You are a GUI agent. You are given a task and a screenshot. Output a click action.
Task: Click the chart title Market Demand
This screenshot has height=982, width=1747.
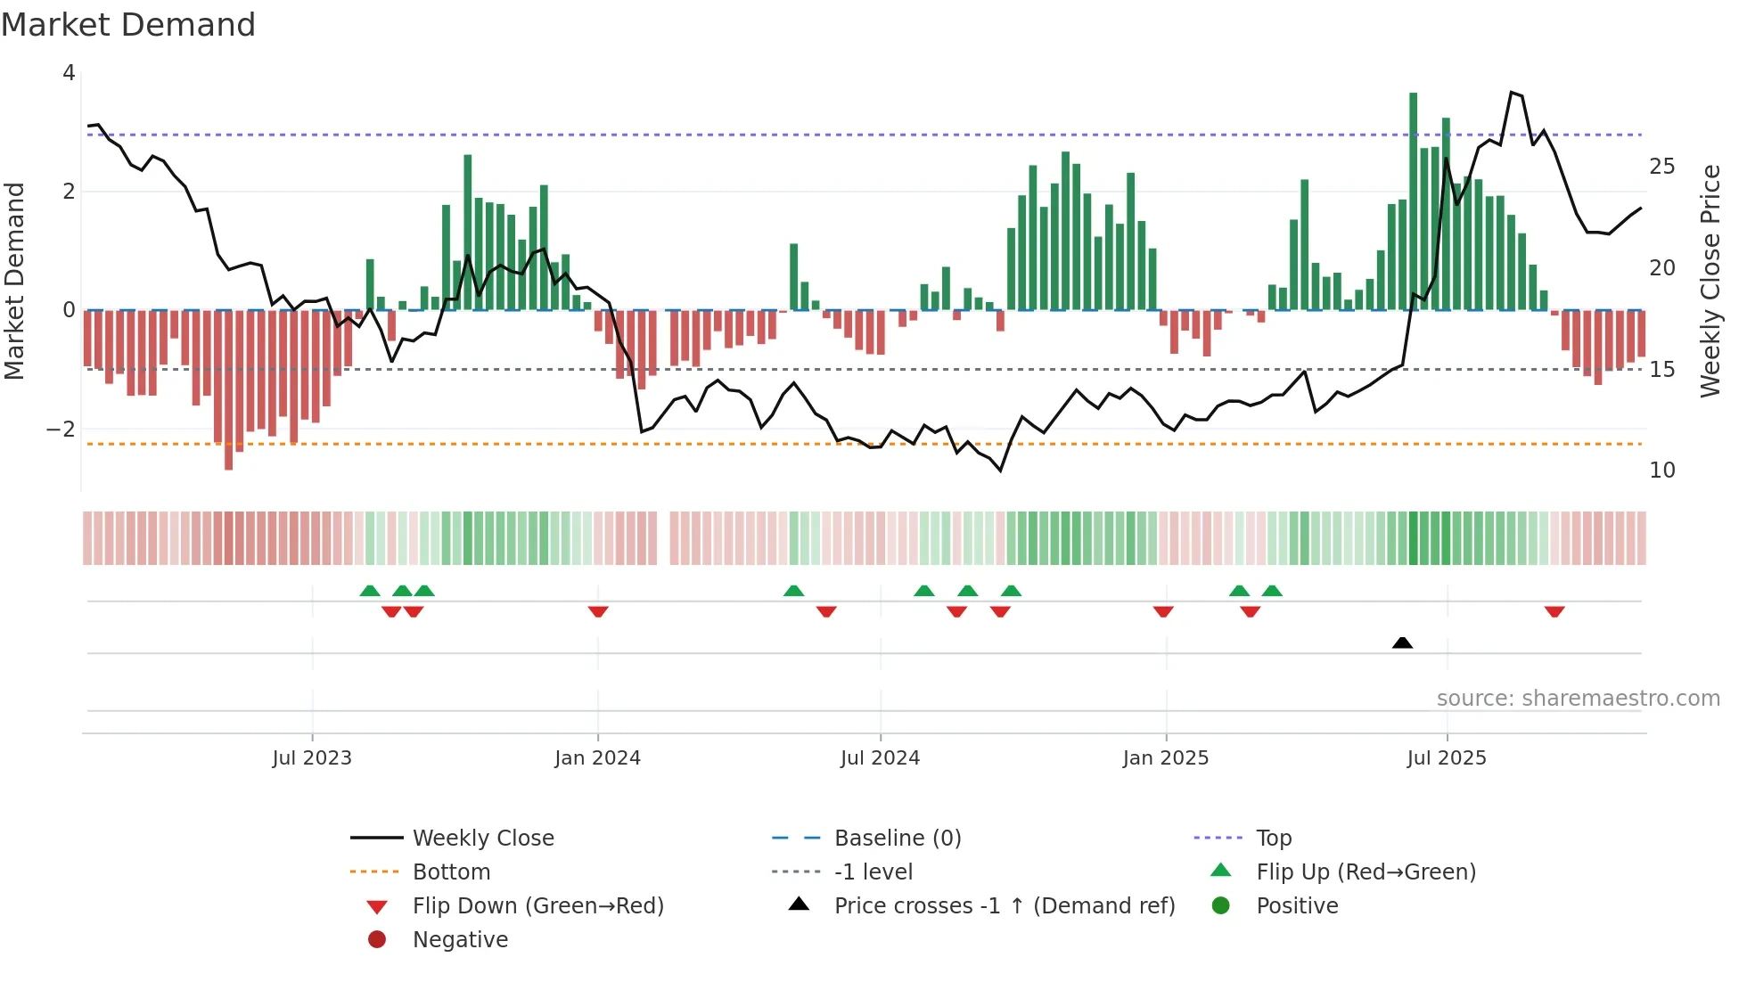[x=128, y=25]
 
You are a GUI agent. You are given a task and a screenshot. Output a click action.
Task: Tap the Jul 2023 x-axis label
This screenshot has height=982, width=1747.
[x=312, y=758]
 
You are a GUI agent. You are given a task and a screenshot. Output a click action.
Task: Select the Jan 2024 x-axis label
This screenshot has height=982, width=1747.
[x=597, y=758]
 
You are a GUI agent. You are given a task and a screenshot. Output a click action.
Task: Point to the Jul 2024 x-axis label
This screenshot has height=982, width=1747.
[x=880, y=758]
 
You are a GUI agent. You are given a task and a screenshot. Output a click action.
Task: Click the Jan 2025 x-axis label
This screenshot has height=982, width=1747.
[x=1165, y=758]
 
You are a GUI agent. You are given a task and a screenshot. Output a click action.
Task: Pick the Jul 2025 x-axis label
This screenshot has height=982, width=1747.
[x=1447, y=758]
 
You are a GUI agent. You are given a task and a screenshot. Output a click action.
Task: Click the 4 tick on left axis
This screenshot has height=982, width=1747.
[x=69, y=73]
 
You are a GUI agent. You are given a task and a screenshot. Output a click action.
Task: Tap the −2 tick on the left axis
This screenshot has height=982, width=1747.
[x=61, y=430]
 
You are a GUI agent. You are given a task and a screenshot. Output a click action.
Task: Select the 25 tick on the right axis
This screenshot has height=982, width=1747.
[x=1661, y=167]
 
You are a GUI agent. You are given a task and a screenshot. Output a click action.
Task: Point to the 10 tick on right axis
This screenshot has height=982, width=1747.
[x=1661, y=471]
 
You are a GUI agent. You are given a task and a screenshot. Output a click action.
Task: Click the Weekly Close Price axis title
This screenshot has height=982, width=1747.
[x=1710, y=281]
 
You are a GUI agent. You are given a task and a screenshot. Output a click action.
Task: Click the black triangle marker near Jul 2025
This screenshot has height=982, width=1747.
[x=1402, y=643]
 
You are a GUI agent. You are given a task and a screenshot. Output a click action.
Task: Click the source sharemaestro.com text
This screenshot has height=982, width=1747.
[x=1578, y=699]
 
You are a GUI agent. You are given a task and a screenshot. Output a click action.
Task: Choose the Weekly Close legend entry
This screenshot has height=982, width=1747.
[x=482, y=839]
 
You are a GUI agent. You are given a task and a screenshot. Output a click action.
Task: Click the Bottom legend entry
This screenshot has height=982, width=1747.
[x=451, y=872]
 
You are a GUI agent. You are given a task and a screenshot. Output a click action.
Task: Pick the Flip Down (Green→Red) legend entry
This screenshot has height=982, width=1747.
[x=537, y=906]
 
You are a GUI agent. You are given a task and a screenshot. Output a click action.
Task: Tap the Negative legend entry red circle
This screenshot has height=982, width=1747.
[x=377, y=940]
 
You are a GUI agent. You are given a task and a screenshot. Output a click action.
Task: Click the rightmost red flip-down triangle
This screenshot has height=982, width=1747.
[x=1554, y=612]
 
